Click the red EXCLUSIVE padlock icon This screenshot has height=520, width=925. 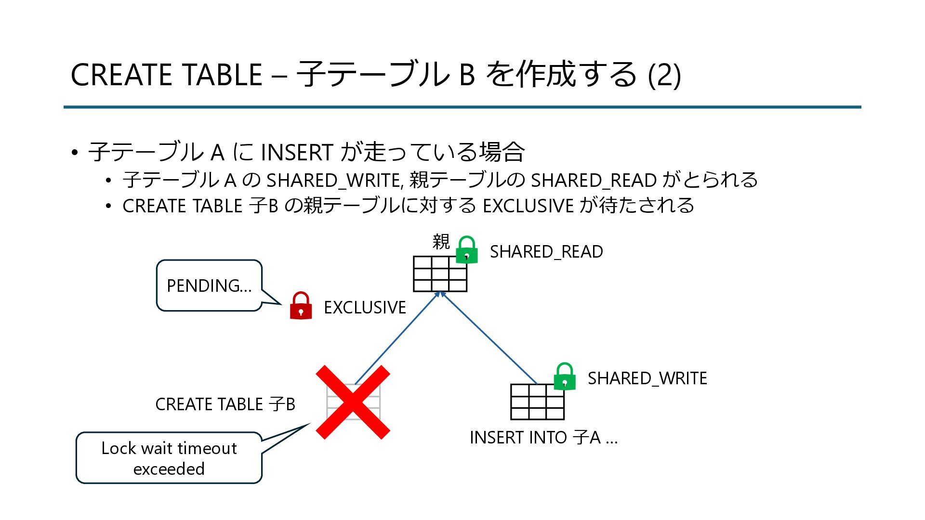point(301,306)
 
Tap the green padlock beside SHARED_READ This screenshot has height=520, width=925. point(466,250)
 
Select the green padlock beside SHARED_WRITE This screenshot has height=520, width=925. point(565,377)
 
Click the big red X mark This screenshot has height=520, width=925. point(353,402)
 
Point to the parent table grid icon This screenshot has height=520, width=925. point(440,274)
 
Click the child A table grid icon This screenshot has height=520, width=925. point(537,402)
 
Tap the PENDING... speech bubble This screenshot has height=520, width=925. point(209,286)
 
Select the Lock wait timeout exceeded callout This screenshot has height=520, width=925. point(169,458)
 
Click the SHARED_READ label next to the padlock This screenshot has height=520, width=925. point(546,252)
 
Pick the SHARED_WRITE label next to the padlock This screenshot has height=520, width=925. point(647,378)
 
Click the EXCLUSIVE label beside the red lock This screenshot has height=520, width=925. point(365,308)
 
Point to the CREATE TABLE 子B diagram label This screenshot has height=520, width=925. point(225,404)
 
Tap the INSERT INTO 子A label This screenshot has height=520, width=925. point(543,438)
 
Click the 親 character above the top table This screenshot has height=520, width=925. point(441,242)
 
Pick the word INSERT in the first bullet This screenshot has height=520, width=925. point(296,153)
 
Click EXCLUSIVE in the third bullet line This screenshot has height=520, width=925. point(528,206)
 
